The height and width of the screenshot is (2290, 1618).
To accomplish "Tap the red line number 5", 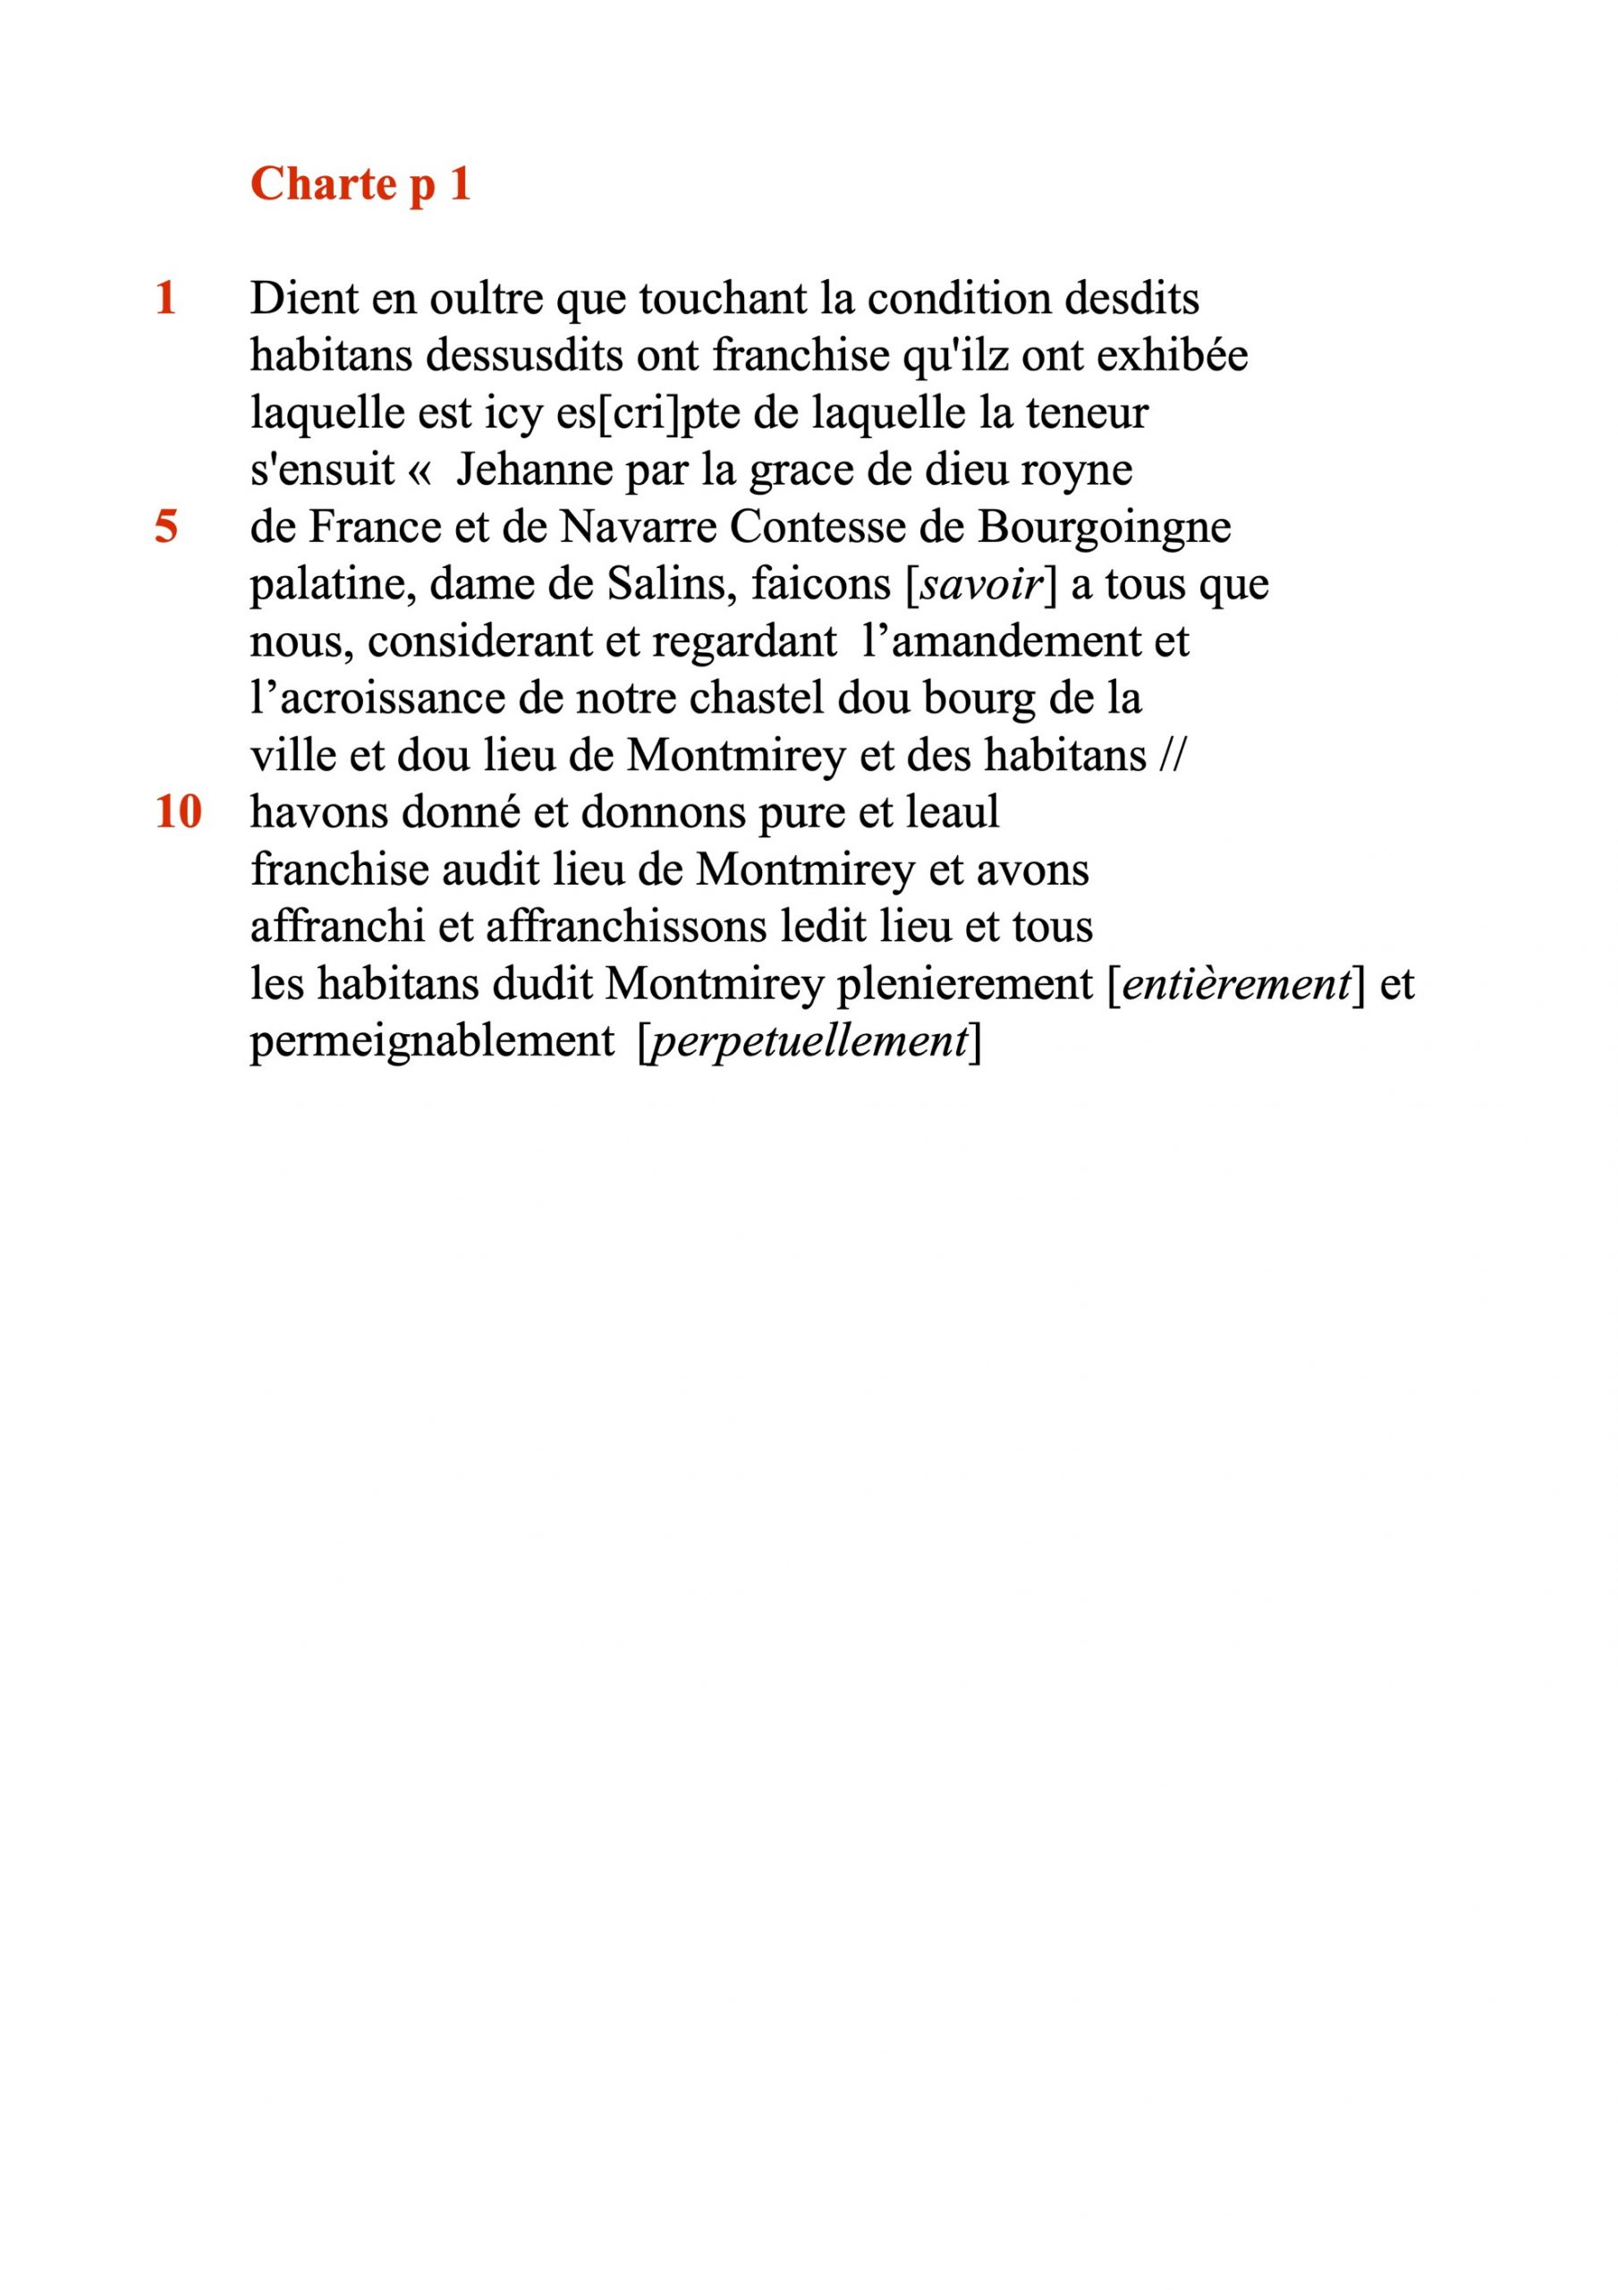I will tap(166, 527).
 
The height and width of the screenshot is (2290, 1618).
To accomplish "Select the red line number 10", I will tap(179, 812).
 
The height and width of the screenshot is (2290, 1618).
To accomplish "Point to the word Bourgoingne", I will tap(1105, 527).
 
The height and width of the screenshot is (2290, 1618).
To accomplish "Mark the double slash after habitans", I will tap(1173, 755).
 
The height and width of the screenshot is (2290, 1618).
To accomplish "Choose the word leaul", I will tap(952, 812).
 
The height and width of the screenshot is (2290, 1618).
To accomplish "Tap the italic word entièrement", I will tap(1236, 984).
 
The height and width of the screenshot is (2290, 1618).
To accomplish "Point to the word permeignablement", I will tap(432, 1041).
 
